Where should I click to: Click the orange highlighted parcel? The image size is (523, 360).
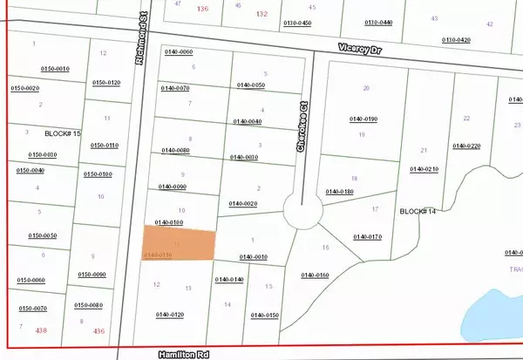(180, 243)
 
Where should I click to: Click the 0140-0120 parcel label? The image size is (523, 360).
(170, 314)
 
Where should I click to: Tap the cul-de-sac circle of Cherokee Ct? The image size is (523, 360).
(302, 211)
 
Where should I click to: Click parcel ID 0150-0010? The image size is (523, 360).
(56, 67)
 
